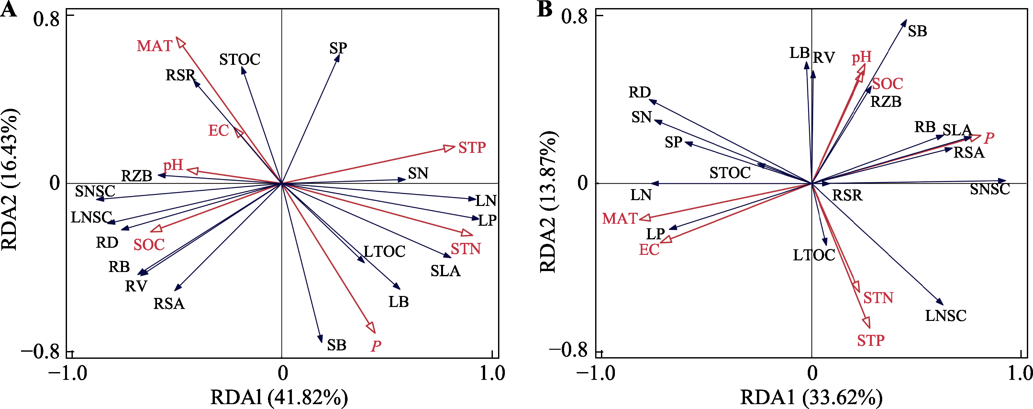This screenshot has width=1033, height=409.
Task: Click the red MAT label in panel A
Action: (154, 46)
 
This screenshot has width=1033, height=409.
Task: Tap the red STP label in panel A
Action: (472, 148)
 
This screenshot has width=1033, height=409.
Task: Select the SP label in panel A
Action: (338, 48)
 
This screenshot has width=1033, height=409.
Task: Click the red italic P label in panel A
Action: (376, 346)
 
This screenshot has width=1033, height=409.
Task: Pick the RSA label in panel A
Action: (169, 304)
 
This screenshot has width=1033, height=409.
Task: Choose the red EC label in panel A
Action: (218, 131)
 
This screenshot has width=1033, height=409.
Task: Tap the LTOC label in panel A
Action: (384, 252)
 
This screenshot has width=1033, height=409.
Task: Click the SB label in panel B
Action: (917, 31)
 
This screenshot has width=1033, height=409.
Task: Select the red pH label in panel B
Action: (861, 57)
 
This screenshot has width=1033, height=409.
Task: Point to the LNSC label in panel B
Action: (946, 316)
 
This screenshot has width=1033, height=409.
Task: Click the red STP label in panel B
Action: (871, 340)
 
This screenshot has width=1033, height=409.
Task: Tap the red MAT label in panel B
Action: (619, 219)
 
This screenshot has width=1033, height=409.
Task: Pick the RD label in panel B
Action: (639, 93)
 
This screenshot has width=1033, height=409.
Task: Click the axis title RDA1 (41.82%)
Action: (279, 398)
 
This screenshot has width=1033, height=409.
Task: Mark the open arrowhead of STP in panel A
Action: (450, 148)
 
